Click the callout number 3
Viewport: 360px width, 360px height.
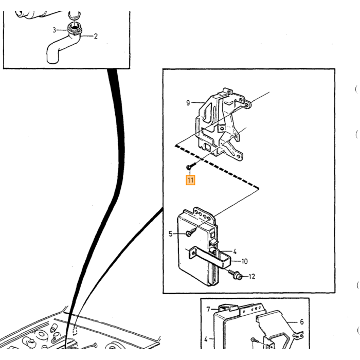(54, 30)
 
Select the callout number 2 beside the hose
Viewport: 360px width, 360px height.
(96, 37)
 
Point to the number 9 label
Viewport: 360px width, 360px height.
(188, 103)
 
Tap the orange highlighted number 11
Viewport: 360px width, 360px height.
(190, 180)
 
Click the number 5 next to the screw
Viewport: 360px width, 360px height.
(170, 234)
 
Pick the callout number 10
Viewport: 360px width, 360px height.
(244, 261)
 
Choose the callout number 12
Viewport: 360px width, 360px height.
(252, 277)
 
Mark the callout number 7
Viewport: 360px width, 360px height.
(208, 310)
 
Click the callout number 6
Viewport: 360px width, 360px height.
(302, 322)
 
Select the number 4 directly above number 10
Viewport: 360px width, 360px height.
(235, 251)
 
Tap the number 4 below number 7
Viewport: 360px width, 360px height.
(206, 339)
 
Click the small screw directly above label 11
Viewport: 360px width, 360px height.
(191, 166)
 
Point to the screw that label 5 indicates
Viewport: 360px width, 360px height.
(191, 231)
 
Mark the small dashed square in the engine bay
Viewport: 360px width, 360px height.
(75, 331)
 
